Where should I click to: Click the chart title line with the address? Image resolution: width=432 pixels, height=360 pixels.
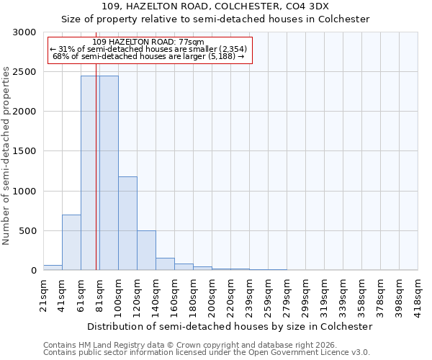(215, 6)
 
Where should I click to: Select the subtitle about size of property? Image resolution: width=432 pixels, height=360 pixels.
(215, 19)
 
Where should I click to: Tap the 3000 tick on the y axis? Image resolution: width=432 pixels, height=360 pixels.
(24, 32)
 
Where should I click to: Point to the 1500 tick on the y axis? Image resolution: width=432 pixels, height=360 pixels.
(24, 151)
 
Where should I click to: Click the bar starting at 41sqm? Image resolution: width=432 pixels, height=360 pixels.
(71, 243)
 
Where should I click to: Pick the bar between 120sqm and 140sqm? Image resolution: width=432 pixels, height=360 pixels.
(146, 251)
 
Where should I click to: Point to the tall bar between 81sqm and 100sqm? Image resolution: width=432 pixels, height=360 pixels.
(109, 173)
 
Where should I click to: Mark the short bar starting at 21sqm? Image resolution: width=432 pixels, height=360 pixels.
(53, 268)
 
